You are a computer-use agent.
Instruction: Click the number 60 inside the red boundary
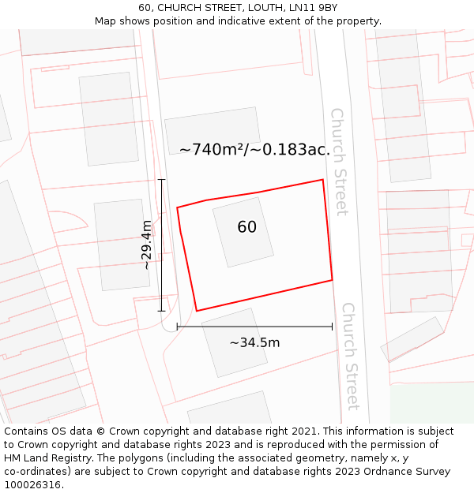(x=246, y=227)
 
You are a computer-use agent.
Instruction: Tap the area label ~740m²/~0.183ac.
(x=254, y=149)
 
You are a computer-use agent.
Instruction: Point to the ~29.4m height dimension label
(x=147, y=245)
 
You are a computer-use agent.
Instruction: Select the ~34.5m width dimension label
(x=254, y=342)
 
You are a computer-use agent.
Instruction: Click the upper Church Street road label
(x=339, y=162)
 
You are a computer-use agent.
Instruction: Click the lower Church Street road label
(x=350, y=356)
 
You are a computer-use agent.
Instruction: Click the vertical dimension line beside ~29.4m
(x=162, y=245)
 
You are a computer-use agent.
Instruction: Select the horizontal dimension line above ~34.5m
(x=254, y=327)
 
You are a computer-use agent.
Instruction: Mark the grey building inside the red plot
(x=243, y=231)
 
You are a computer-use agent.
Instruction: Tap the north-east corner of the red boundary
(x=322, y=180)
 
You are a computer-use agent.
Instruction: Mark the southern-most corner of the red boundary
(x=196, y=311)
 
